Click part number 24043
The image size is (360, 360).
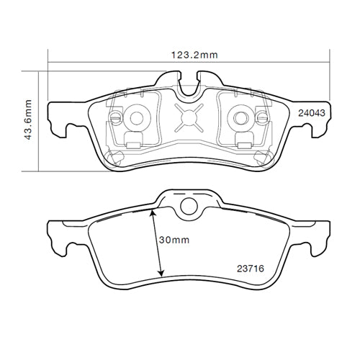312,113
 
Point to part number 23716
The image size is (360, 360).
251,268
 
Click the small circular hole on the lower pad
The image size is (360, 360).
189,207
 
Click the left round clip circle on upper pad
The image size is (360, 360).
136,117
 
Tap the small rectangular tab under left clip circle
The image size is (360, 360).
132,143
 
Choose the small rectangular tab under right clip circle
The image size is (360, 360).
244,143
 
